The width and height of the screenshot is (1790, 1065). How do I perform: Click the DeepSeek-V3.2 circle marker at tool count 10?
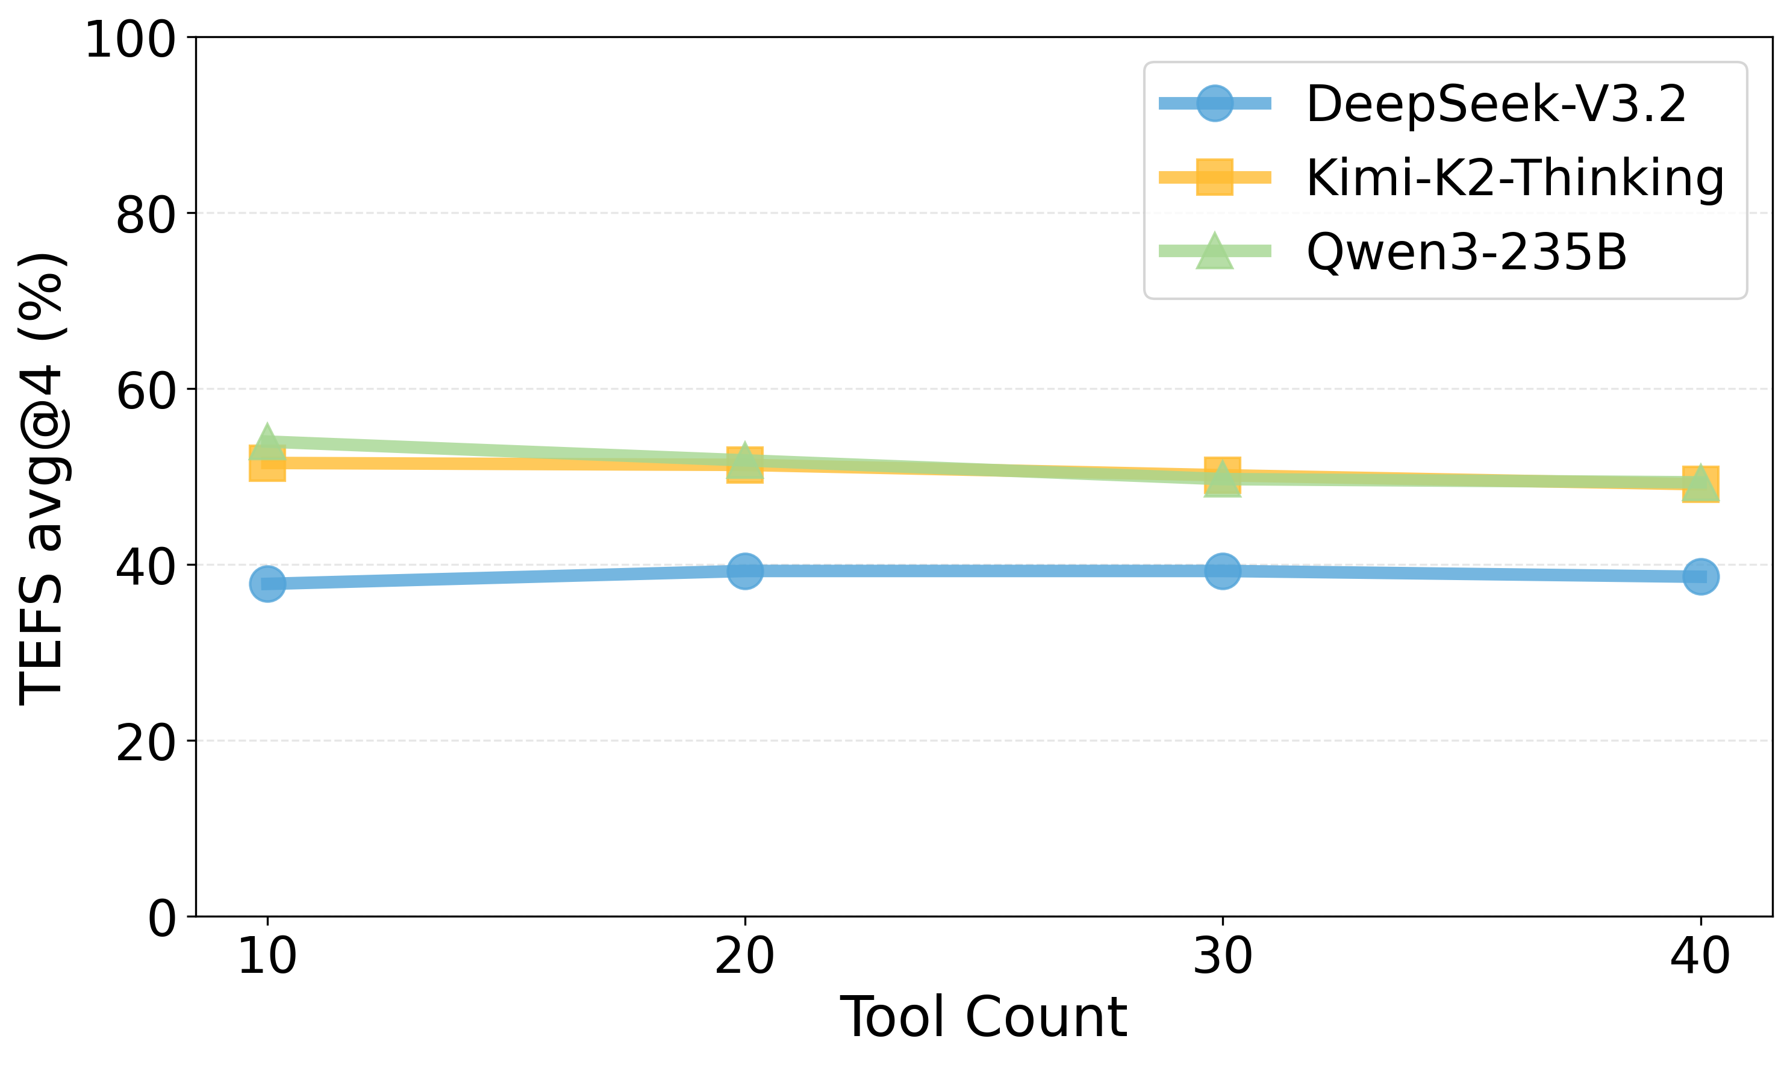click(x=267, y=584)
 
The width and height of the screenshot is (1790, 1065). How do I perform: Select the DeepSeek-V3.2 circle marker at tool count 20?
click(x=744, y=571)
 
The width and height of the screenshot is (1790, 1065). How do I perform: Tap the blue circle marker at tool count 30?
click(x=1223, y=571)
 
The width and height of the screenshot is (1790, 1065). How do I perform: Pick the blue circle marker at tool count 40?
click(x=1700, y=577)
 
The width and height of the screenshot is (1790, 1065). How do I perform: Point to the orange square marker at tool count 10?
click(x=267, y=463)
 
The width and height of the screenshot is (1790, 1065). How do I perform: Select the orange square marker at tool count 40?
click(x=1700, y=484)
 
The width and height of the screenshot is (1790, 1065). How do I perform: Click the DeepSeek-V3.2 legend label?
click(x=1496, y=104)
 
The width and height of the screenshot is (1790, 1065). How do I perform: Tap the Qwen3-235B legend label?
click(x=1467, y=252)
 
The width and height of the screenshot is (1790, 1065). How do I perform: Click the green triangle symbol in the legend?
click(x=1214, y=252)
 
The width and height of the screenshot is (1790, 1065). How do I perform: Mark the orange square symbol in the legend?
click(x=1214, y=177)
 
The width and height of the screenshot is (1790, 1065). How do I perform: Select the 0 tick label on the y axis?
click(x=161, y=919)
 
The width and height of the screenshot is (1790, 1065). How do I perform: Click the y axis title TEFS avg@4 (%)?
click(x=42, y=479)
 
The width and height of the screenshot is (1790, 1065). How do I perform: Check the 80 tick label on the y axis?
click(x=146, y=215)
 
